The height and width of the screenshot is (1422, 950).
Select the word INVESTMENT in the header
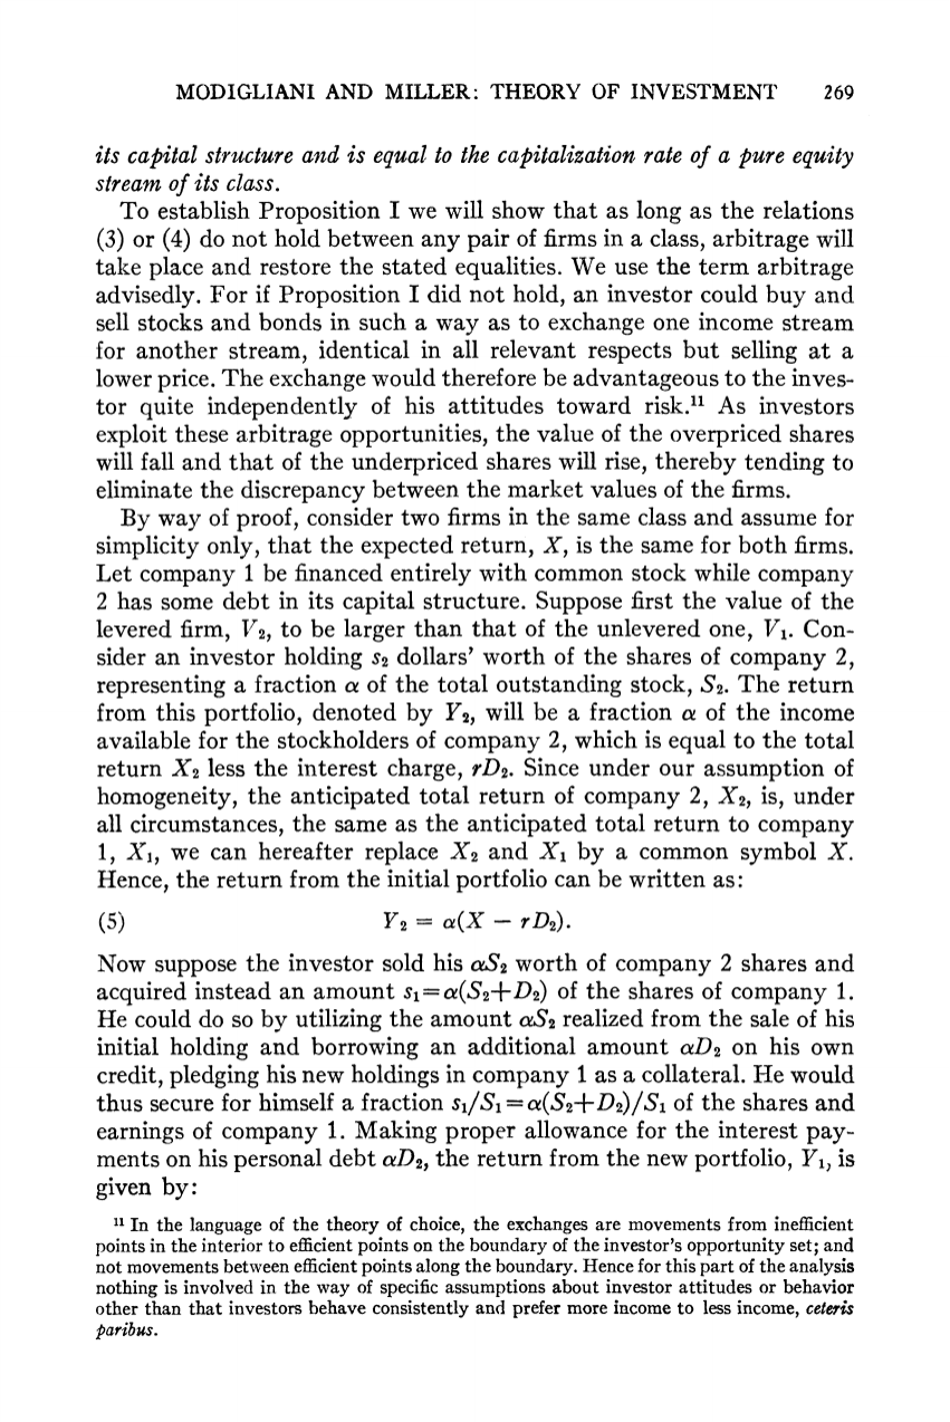pyautogui.click(x=709, y=94)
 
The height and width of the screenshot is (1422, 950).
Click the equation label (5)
pyautogui.click(x=110, y=920)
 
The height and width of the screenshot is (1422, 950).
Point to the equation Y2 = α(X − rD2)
pyautogui.click(x=470, y=920)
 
